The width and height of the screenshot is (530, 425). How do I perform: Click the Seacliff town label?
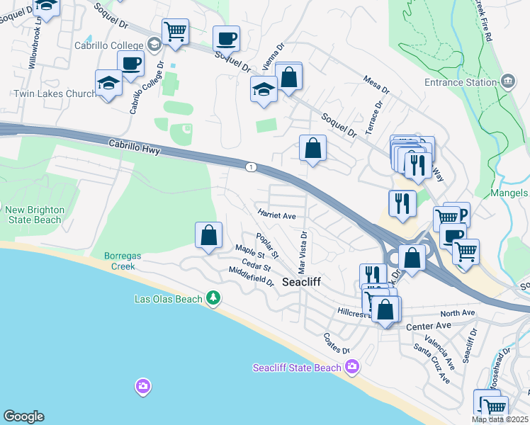point(302,282)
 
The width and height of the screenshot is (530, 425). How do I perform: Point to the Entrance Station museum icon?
point(508,82)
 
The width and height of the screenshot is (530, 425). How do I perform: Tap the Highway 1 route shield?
point(250,166)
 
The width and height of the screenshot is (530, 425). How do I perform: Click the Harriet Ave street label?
point(276,215)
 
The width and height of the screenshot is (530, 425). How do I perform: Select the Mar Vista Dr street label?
point(303,251)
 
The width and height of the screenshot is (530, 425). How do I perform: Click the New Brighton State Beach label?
point(35,215)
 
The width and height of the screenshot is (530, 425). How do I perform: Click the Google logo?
point(23,416)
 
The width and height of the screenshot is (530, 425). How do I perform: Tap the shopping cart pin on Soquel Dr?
point(175,32)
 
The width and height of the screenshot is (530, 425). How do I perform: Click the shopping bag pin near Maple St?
point(208,236)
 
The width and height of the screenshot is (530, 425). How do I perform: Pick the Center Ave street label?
point(429,326)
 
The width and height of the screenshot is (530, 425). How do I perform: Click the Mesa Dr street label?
point(376,86)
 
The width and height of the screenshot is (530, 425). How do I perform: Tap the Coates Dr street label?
point(337,344)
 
